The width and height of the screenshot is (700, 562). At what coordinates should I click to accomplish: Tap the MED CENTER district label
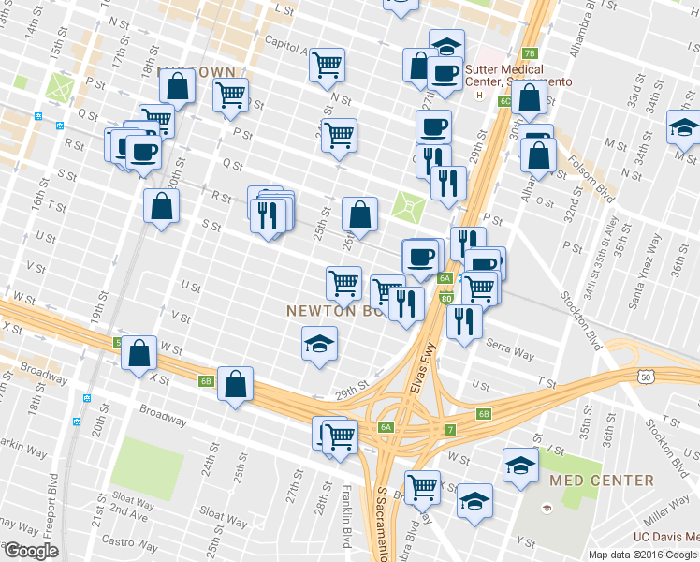(602, 481)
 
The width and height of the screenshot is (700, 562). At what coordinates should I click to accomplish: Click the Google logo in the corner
(30, 551)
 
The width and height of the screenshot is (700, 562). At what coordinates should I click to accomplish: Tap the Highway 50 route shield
(647, 377)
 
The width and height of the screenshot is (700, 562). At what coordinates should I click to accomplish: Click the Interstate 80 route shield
(445, 299)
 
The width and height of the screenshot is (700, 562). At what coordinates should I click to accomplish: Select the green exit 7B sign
(530, 53)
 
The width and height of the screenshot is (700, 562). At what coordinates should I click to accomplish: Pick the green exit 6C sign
(504, 100)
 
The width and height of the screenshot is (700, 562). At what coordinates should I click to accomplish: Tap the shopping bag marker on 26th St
(359, 214)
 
